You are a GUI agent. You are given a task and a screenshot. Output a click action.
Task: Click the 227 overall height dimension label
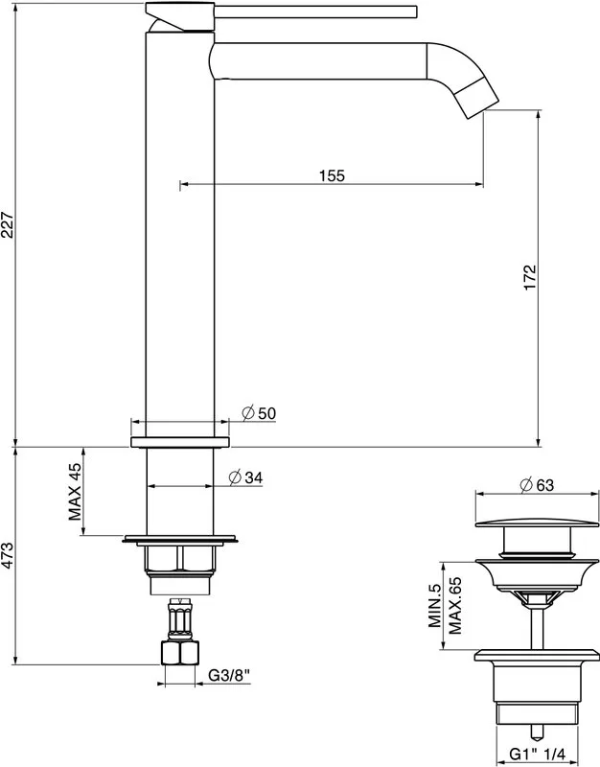8,224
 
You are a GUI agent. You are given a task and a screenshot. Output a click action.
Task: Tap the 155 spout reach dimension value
332,175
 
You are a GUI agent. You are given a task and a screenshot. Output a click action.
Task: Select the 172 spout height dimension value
530,277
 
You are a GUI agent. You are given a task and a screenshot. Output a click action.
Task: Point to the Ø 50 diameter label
259,413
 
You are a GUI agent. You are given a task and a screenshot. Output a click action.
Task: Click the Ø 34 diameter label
245,476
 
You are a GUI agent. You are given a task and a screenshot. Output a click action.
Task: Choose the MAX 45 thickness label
75,491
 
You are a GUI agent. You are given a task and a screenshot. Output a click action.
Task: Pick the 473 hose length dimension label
8,556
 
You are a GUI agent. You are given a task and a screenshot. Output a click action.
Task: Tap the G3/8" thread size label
229,675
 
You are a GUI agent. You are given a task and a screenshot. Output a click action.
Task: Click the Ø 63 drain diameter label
537,485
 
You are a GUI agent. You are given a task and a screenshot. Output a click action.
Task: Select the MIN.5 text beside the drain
435,606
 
